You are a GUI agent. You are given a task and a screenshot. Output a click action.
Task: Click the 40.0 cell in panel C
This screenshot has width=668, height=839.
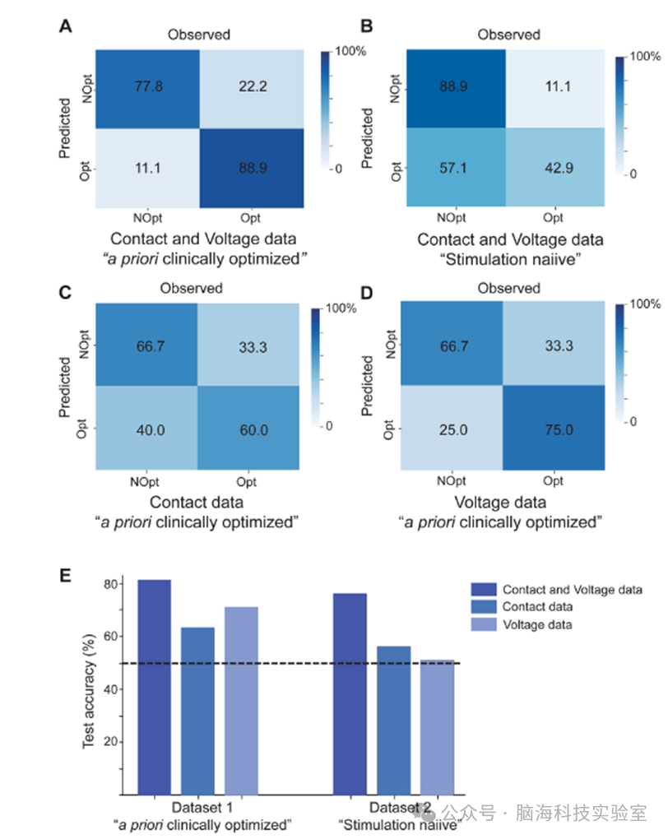tap(147, 428)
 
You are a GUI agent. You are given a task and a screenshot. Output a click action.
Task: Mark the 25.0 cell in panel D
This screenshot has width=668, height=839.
tap(452, 428)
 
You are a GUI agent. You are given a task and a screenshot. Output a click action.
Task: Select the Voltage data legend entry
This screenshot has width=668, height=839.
tap(537, 625)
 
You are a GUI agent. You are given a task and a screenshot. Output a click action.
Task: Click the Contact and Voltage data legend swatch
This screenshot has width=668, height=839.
tap(482, 590)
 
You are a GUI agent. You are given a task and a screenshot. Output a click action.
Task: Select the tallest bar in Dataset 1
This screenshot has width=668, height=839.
tap(154, 687)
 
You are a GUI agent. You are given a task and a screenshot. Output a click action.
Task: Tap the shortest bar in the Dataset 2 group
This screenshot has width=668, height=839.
tap(437, 726)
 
